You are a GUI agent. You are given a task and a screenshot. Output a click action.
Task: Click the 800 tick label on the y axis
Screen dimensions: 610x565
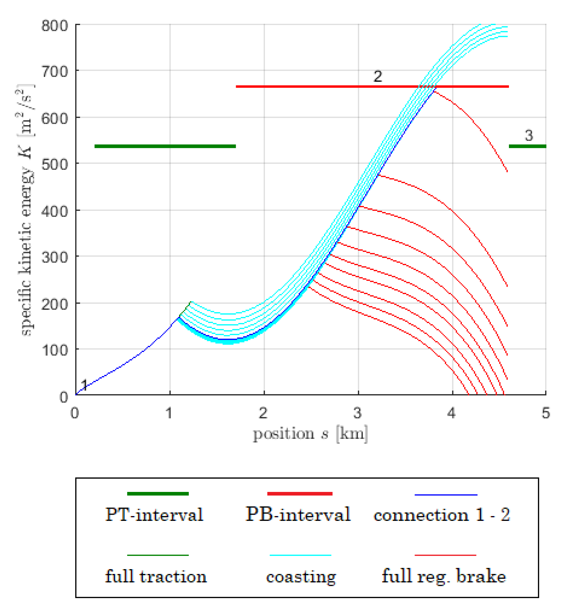[x=54, y=26]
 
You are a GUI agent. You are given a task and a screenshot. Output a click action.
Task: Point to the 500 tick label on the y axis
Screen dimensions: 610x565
[x=54, y=164]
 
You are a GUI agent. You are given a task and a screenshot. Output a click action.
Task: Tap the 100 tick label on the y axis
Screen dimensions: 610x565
[x=54, y=350]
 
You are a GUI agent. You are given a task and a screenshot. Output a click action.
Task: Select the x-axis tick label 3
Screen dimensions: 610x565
[x=357, y=413]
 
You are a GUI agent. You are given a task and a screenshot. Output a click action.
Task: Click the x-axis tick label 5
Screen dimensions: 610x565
[x=545, y=413]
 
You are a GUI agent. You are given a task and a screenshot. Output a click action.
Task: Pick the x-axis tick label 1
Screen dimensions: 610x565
[x=169, y=413]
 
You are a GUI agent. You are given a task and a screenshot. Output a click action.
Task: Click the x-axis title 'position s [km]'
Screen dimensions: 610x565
[x=310, y=434]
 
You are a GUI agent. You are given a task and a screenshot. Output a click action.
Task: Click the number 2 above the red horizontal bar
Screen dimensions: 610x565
[x=378, y=77]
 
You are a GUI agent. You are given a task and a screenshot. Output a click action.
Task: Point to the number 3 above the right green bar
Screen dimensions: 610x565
[x=529, y=135]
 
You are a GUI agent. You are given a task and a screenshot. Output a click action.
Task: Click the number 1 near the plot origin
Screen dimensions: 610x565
[x=84, y=385]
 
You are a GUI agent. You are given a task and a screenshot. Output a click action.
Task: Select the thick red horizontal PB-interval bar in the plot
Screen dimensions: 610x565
[x=322, y=87]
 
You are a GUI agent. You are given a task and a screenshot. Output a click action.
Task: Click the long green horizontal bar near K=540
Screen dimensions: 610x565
[x=165, y=146]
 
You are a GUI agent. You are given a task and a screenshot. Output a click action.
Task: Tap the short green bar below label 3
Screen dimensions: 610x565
[x=527, y=146]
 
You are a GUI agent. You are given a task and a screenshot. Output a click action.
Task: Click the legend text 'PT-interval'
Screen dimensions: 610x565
[x=154, y=514]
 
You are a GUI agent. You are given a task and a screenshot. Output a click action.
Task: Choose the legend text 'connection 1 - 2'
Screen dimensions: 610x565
[x=442, y=515]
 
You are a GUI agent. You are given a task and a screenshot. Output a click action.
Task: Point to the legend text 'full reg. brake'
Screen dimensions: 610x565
[x=444, y=576]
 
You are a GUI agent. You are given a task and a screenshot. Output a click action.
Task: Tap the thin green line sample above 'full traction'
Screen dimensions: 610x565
[x=158, y=555]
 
